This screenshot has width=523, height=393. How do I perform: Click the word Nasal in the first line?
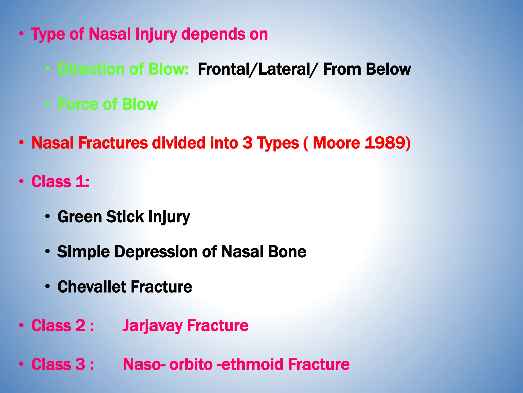[110, 34]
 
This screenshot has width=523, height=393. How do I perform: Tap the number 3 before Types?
[247, 143]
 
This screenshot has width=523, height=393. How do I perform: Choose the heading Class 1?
[60, 182]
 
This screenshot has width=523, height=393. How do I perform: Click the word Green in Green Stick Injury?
[80, 217]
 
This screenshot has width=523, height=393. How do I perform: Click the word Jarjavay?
[152, 326]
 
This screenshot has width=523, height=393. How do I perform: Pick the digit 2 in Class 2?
[80, 326]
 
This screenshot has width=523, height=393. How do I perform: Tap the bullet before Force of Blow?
[47, 104]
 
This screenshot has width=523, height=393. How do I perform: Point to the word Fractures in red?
[113, 143]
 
